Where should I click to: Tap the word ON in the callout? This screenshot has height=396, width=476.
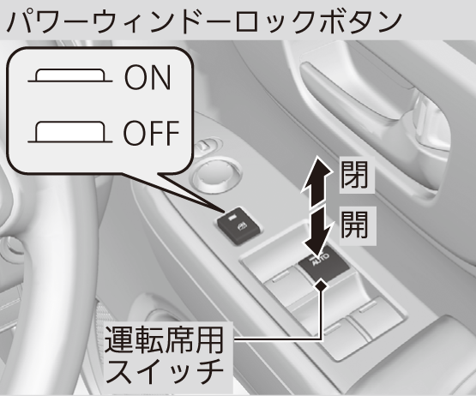click(148, 77)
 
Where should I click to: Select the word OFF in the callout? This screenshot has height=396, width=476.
click(151, 133)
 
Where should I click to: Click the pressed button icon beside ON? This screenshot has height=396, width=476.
click(70, 76)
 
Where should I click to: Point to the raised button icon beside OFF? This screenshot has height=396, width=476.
click(70, 132)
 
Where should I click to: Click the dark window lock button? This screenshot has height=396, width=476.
click(239, 225)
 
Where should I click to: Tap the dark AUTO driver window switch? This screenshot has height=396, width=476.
click(322, 266)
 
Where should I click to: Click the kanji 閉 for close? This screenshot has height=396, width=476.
click(354, 174)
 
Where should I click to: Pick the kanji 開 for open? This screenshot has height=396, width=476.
click(354, 225)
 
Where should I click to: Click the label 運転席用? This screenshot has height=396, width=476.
click(164, 340)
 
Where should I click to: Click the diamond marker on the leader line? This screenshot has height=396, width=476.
click(321, 285)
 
